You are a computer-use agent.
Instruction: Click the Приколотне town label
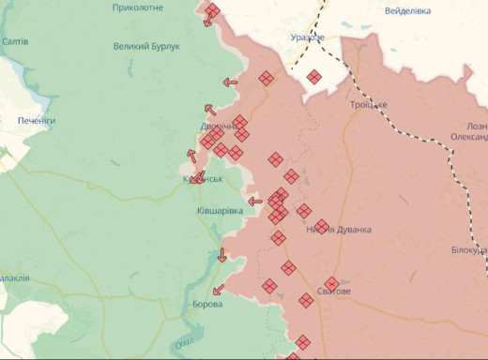pos(137,7)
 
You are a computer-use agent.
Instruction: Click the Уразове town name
pos(307,37)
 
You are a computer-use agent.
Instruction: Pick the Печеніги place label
pos(38,121)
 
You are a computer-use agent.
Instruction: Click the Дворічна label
pos(219,126)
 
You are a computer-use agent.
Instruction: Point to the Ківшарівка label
pos(220,211)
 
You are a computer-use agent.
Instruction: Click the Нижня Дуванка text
pos(339,230)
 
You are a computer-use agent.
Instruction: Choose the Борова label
pos(207,305)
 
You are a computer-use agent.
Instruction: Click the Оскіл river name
pos(184,342)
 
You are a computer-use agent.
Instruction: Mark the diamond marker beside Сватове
pos(332,283)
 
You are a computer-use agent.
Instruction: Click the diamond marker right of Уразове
pos(314,77)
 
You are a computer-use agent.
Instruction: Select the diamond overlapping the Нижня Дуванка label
pos(321,226)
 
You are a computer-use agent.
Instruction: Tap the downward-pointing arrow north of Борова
pos(222,255)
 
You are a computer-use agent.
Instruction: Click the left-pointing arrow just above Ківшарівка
pos(255,201)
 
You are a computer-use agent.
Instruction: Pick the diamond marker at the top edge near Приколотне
pos(213,10)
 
